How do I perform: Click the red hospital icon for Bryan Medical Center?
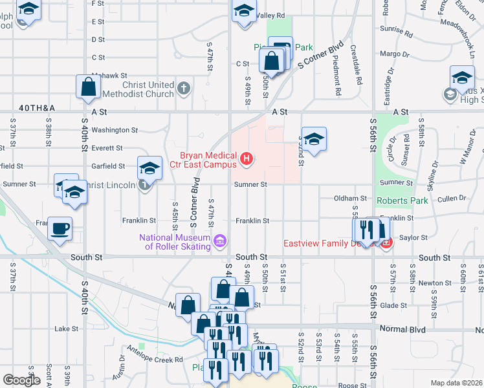(x=246, y=158)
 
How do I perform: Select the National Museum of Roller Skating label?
(x=175, y=241)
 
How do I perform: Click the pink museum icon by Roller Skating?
(x=220, y=241)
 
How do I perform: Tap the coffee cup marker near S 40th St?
(x=60, y=229)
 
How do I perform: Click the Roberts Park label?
(x=404, y=200)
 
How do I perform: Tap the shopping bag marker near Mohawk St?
(x=88, y=86)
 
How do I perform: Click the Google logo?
(x=21, y=380)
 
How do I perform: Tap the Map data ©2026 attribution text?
(x=457, y=383)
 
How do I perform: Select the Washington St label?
(x=115, y=130)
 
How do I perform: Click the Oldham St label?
(x=350, y=199)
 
